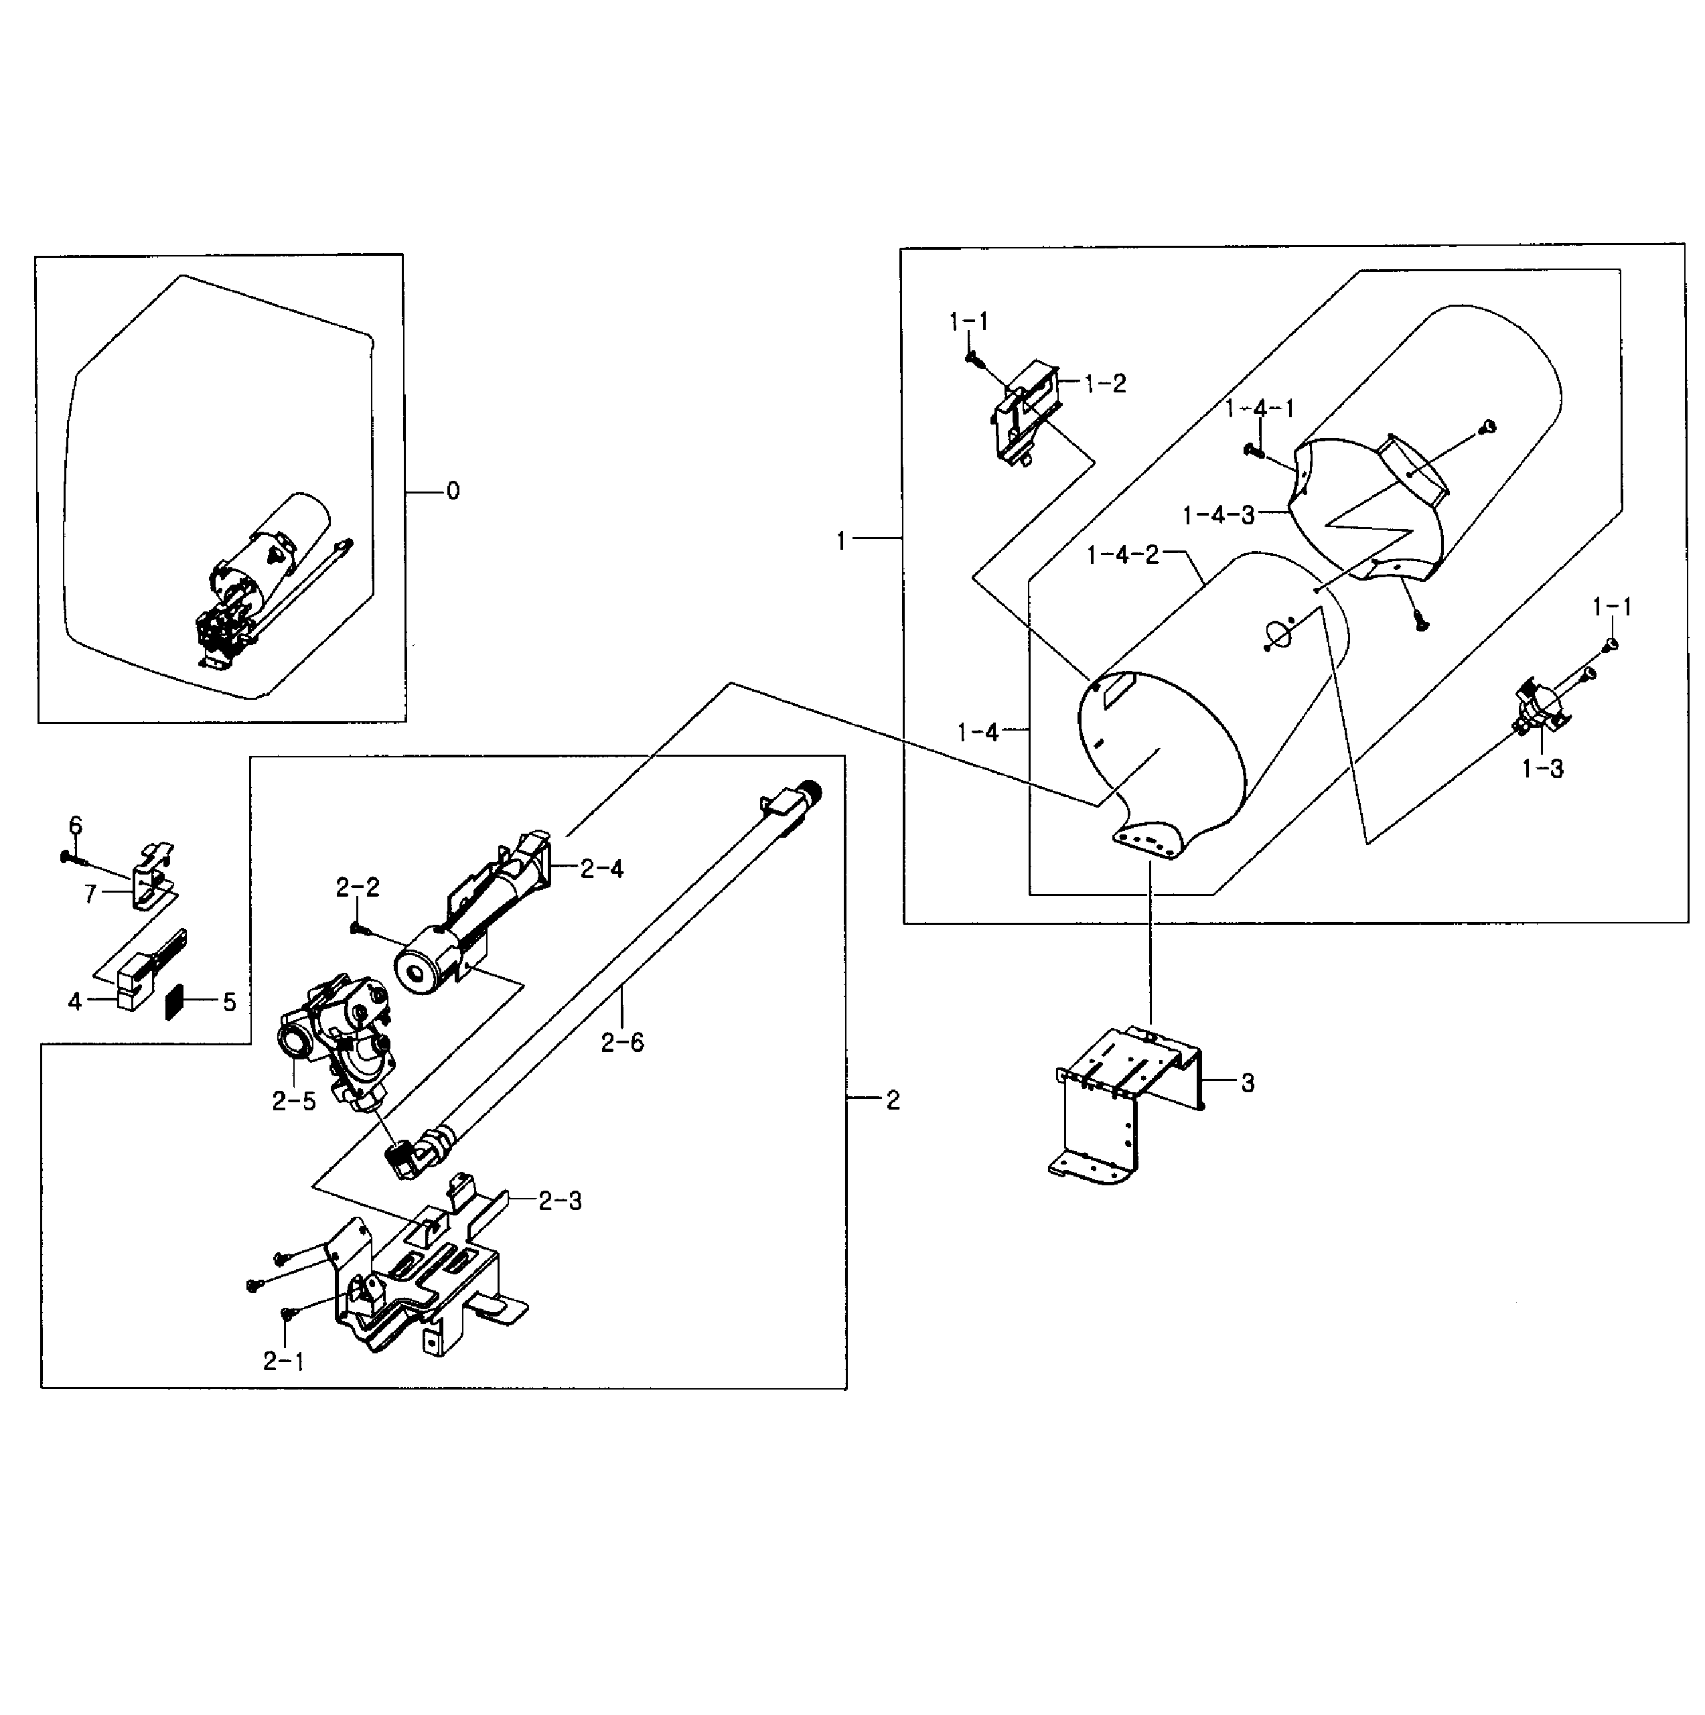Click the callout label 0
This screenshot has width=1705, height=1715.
tap(453, 491)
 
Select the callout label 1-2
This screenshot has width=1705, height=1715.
tap(1105, 384)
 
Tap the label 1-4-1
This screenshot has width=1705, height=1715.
tap(1260, 408)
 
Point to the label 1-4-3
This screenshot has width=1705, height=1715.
tap(1219, 515)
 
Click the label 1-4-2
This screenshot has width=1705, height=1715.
tap(1123, 556)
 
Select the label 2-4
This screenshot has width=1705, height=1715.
tap(602, 869)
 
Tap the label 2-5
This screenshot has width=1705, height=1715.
tap(294, 1102)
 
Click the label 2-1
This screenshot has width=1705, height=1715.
tap(284, 1361)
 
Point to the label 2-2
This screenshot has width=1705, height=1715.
tap(358, 888)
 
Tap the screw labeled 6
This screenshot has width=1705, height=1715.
tap(71, 857)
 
